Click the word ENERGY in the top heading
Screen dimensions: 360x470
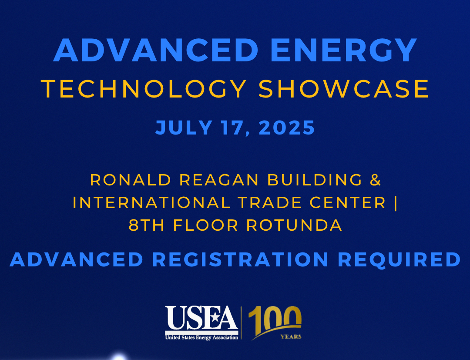pos(343,50)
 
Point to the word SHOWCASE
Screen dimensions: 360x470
pos(344,89)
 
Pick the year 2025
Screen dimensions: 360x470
pos(287,128)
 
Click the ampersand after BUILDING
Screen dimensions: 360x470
pos(375,180)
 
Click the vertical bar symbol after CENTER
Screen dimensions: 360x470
pos(395,202)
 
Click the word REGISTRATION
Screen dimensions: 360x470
pos(240,259)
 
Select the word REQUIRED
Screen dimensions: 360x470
pos(399,259)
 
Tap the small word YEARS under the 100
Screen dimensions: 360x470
pos(290,336)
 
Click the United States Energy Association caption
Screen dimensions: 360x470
pos(201,337)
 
